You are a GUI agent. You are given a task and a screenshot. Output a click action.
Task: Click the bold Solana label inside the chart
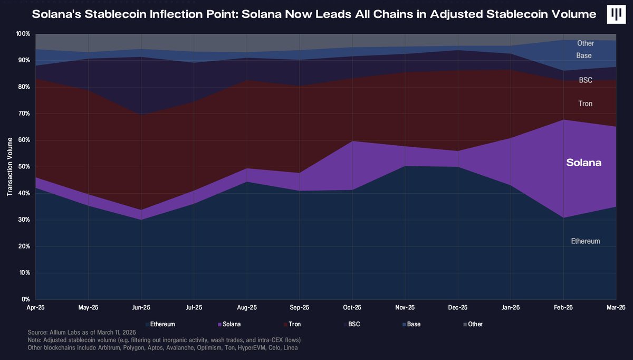pos(583,163)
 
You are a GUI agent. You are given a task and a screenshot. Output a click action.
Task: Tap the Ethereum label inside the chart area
pos(586,241)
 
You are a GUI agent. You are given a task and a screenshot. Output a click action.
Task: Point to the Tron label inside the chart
pos(586,104)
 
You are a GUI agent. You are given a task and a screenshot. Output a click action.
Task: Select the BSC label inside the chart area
pos(586,80)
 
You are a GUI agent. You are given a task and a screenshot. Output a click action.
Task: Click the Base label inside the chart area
pos(584,55)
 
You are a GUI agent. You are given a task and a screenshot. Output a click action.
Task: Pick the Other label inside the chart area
pos(586,43)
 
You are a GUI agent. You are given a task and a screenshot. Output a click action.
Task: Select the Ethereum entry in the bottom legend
pos(162,324)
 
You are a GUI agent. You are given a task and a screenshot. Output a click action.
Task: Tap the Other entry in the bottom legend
pos(475,324)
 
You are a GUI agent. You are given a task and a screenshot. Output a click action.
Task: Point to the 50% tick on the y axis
pos(24,167)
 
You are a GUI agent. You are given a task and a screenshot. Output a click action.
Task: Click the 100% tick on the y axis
pos(23,34)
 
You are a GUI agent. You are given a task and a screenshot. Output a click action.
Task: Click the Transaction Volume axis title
pos(10,167)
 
